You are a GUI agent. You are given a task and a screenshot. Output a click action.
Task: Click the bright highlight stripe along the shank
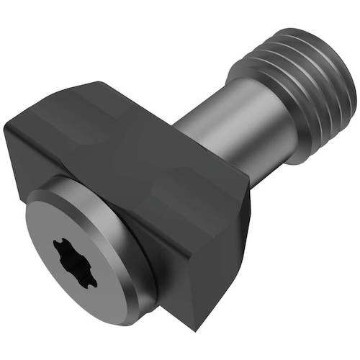click(209, 101)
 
